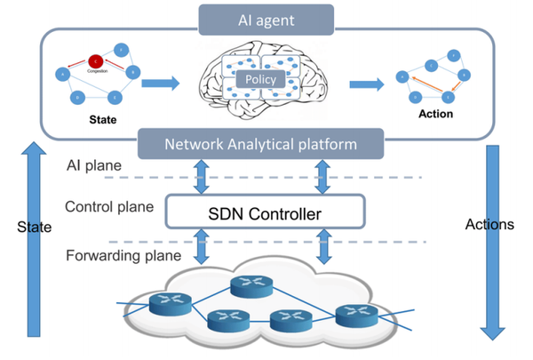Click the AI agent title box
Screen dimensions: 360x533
(x=266, y=18)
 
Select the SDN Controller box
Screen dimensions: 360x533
(x=264, y=212)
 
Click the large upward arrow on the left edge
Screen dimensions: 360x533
(x=34, y=240)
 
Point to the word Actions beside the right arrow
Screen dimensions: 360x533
(x=489, y=225)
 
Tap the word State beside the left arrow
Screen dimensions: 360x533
(x=35, y=228)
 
